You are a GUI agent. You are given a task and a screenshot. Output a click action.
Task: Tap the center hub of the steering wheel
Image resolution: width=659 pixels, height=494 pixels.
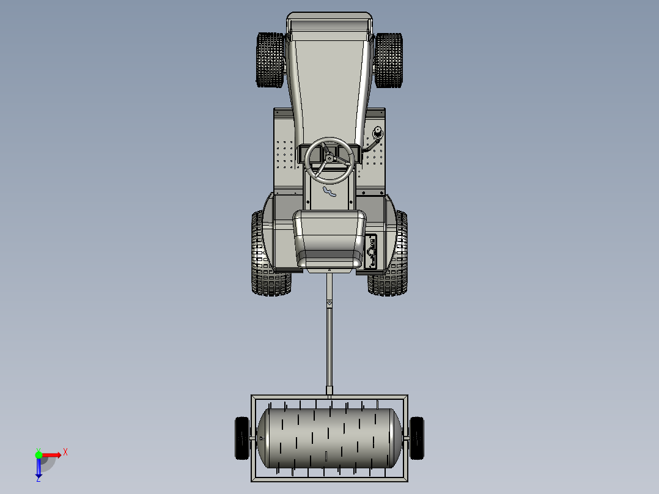330,159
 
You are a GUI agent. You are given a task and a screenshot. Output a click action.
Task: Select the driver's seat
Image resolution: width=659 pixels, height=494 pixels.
330,238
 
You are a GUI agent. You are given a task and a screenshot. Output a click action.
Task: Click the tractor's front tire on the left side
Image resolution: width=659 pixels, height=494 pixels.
269,60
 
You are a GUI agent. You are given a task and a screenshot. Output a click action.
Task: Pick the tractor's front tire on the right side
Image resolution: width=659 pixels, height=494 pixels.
389,60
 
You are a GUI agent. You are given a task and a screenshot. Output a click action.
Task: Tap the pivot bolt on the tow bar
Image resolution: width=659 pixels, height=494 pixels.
330,304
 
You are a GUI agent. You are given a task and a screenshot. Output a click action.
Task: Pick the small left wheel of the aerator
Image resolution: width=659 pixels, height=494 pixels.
242,438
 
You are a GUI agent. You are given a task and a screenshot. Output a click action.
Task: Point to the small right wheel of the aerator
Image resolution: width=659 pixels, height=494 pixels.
417,438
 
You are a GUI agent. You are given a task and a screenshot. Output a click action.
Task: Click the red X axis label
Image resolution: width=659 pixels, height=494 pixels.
65,452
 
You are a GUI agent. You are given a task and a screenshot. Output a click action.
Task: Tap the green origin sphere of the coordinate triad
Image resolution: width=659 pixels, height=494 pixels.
39,454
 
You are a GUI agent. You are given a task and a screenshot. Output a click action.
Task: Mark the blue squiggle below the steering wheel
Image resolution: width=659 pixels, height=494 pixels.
330,193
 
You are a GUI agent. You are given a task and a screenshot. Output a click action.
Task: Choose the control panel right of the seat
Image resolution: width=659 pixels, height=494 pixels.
372,251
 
